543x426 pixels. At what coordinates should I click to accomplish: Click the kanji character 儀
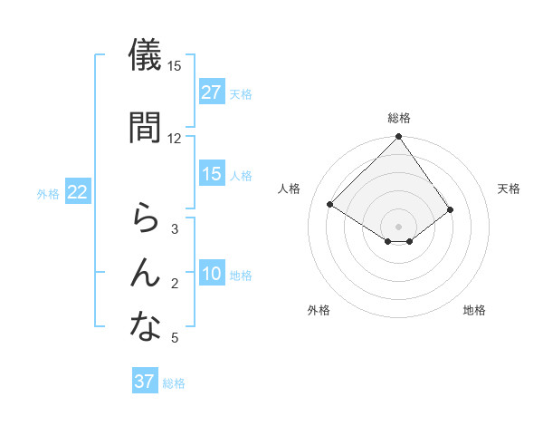(145, 55)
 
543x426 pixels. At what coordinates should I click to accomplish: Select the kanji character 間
(145, 127)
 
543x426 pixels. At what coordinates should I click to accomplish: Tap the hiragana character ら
(145, 218)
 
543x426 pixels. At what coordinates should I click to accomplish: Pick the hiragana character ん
(145, 272)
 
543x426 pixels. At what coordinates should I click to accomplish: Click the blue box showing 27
(212, 92)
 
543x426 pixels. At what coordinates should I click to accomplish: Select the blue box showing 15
(212, 174)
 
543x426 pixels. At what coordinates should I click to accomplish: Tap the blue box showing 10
(212, 275)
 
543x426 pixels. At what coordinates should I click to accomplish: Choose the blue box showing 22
(78, 192)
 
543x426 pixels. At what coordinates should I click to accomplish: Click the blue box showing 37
(145, 382)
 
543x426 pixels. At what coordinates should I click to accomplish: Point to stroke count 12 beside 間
(175, 138)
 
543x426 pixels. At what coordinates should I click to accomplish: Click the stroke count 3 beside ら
(175, 229)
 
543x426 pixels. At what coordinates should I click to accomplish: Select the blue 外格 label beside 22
(48, 193)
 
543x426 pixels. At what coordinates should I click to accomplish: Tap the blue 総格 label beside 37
(174, 383)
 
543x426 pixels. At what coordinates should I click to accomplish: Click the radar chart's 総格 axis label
(398, 118)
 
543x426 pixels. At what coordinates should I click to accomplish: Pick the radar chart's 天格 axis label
(510, 189)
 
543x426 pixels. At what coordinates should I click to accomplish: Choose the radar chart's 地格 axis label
(474, 310)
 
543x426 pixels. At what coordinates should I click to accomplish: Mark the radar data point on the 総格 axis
(398, 138)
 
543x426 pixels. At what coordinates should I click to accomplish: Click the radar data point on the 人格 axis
(330, 203)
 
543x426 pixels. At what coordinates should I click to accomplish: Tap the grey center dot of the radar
(398, 226)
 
